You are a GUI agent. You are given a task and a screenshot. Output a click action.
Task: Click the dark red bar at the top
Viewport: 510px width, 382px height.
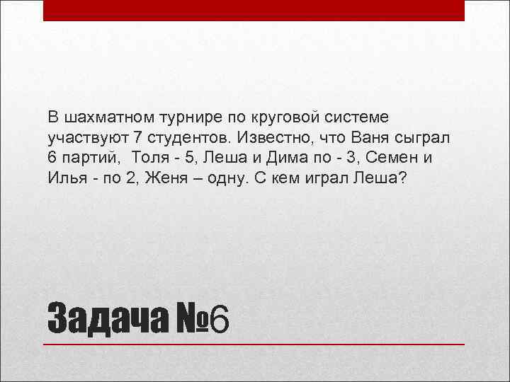(254, 10)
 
